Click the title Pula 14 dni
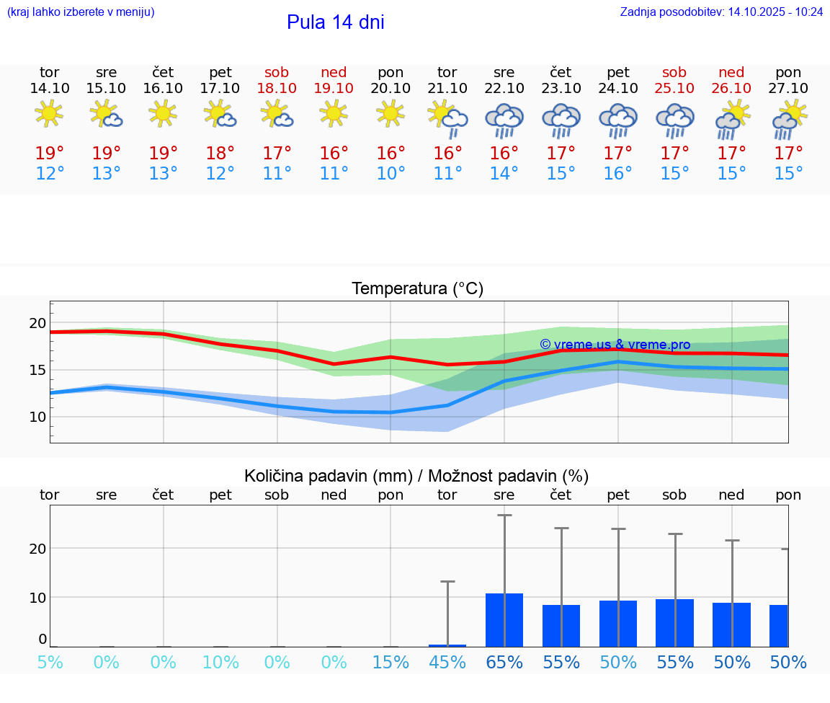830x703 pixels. pos(335,22)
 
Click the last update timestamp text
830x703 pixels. pos(721,12)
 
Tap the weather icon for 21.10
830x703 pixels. pos(447,118)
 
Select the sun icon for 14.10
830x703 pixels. pos(49,114)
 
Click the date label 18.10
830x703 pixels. pos(277,88)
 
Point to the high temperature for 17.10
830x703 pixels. pos(220,153)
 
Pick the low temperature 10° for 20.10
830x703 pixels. pos(391,174)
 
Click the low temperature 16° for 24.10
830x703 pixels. pos(618,174)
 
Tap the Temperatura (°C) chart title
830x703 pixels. pos(417,289)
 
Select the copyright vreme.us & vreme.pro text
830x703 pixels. pos(615,345)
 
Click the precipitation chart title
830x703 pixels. pos(416,476)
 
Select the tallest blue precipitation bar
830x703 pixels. pos(504,619)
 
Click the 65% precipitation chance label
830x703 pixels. pos(504,662)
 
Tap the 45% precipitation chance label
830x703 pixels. pos(447,662)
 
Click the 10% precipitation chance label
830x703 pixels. pos(220,662)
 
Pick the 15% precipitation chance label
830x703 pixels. pos(391,662)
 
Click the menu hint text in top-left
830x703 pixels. pos(81,12)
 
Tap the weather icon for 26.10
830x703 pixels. pos(732,120)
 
